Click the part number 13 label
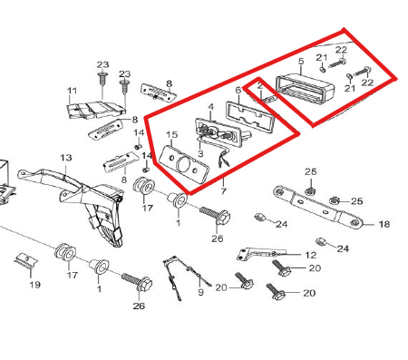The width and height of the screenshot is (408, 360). [x=66, y=158]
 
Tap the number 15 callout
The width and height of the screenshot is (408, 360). [x=171, y=135]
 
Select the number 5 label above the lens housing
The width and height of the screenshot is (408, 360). [x=301, y=62]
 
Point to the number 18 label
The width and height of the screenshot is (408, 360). [x=384, y=224]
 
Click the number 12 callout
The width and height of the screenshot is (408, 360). [x=310, y=255]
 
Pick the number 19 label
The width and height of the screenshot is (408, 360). [x=34, y=285]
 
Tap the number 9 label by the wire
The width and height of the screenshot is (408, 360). [x=200, y=292]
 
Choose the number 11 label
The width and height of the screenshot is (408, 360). [x=72, y=91]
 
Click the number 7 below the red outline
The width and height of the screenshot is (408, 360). [x=223, y=191]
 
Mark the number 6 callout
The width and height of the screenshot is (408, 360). [x=238, y=90]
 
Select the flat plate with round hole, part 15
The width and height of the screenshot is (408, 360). [x=184, y=165]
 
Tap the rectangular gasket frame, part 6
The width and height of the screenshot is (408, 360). [x=249, y=116]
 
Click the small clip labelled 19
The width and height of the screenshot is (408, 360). [x=26, y=260]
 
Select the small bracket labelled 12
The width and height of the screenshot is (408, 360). [x=260, y=254]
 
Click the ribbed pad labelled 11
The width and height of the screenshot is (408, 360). [x=96, y=110]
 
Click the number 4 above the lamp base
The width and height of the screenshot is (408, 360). [x=211, y=107]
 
